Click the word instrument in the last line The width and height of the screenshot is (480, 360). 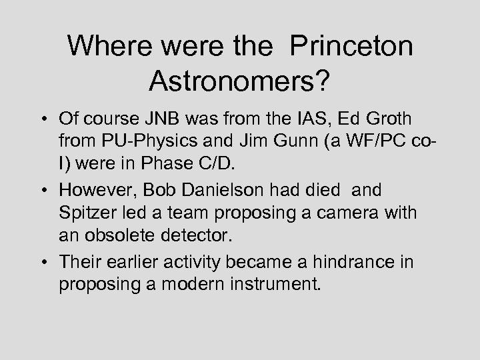[273, 283]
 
